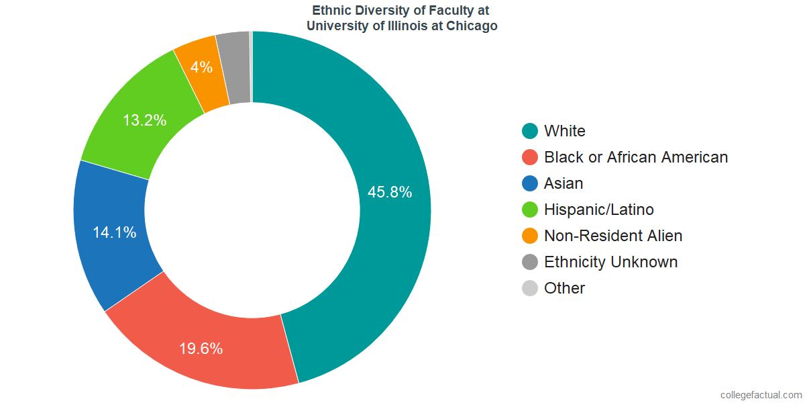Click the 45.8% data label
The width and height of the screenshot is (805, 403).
pyautogui.click(x=390, y=192)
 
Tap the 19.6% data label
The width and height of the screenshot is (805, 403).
pyautogui.click(x=201, y=349)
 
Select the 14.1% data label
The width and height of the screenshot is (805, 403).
pyautogui.click(x=115, y=232)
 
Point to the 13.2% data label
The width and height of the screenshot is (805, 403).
pyautogui.click(x=144, y=121)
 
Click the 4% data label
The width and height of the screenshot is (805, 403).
pyautogui.click(x=201, y=67)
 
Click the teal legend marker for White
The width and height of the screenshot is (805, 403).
pyautogui.click(x=530, y=131)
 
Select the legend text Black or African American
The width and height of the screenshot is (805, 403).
pyautogui.click(x=636, y=157)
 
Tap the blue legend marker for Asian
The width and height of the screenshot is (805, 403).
pyautogui.click(x=530, y=183)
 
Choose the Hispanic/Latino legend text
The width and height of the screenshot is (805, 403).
pyautogui.click(x=599, y=210)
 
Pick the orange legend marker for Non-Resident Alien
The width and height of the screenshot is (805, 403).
pyautogui.click(x=530, y=236)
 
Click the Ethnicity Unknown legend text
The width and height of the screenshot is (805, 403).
pyautogui.click(x=611, y=262)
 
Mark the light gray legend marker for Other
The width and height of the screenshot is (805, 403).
pyautogui.click(x=530, y=288)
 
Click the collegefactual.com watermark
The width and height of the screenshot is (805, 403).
pyautogui.click(x=760, y=395)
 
